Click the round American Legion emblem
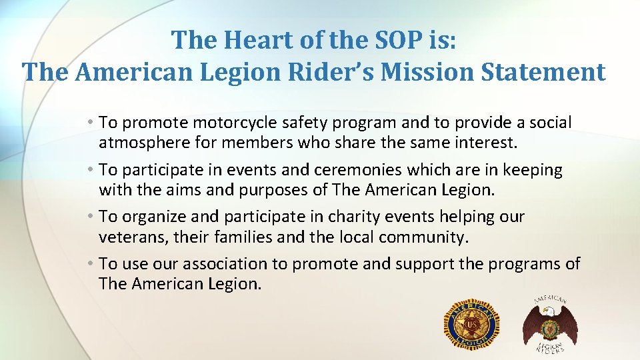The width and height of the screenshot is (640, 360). tap(471, 324)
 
